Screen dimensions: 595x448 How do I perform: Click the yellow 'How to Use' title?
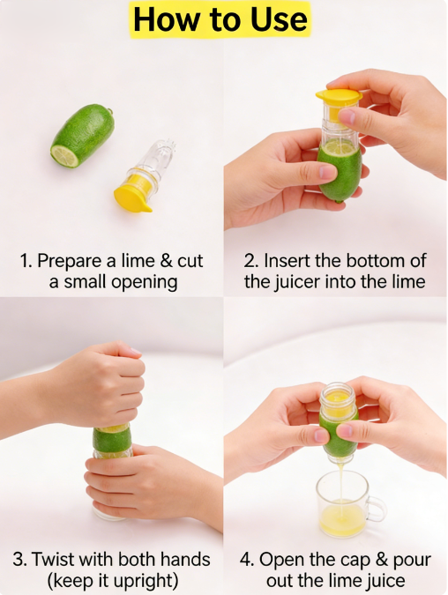tap(220, 19)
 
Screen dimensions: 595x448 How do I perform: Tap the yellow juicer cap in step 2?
tap(338, 95)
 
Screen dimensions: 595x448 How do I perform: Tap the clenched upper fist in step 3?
tap(101, 386)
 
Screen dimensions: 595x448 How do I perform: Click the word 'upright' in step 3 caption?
tap(148, 581)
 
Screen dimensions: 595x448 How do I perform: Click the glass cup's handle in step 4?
tap(377, 508)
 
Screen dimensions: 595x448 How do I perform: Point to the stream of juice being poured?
tap(338, 480)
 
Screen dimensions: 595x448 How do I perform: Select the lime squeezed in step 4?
tap(338, 432)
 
